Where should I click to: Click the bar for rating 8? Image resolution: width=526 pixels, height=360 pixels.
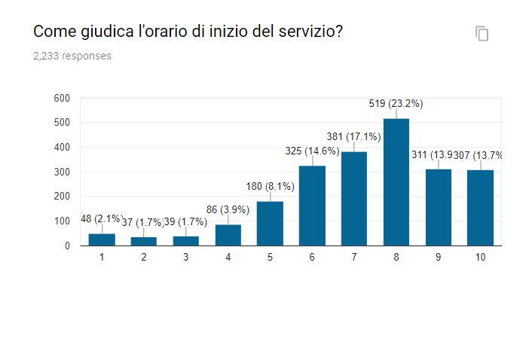[396, 182]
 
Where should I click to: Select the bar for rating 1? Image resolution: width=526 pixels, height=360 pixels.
[102, 239]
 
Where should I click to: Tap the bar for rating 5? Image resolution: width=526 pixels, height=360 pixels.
[270, 223]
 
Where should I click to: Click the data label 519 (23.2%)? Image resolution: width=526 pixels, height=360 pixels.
[396, 104]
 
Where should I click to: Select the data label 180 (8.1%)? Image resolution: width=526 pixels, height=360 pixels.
[270, 187]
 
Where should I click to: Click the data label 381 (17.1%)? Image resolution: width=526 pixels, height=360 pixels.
[353, 137]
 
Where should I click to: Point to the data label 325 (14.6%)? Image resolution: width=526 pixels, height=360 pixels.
[312, 151]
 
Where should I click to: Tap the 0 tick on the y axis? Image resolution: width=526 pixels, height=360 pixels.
[66, 246]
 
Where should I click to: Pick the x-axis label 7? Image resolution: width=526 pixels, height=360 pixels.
[353, 257]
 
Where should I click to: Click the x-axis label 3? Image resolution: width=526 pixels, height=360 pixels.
[185, 257]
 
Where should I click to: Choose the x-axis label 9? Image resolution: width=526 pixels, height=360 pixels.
[438, 257]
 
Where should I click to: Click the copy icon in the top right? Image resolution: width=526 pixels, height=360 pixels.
[482, 33]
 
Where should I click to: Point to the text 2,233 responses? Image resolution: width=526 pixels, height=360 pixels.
[72, 56]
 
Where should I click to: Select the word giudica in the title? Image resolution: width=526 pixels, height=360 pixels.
[101, 32]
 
